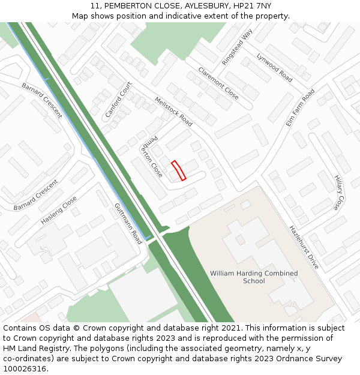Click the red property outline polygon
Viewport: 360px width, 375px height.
178,170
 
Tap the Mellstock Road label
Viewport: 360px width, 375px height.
173,112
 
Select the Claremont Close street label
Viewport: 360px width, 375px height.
218,83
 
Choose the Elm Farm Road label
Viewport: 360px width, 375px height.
300,107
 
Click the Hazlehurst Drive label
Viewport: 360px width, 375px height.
304,247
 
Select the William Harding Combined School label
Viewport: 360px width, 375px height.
254,277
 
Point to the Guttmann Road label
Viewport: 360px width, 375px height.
128,223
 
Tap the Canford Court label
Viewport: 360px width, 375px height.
118,100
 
